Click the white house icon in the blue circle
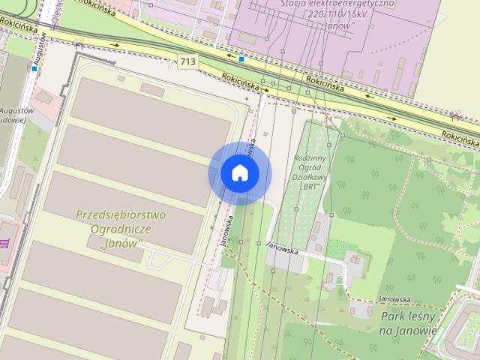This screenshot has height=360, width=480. [x=239, y=173]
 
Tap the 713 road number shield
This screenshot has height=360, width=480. [x=188, y=61]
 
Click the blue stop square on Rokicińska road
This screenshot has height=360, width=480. [x=241, y=58]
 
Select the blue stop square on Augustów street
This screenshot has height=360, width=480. [x=34, y=69]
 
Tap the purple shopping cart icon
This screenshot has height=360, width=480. [x=4, y=243]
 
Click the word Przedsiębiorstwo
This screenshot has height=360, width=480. [x=121, y=215]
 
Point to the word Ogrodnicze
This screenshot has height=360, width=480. [x=121, y=229]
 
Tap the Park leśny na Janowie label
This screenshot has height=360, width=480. [x=409, y=323]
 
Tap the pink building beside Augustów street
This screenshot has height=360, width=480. [x=47, y=97]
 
